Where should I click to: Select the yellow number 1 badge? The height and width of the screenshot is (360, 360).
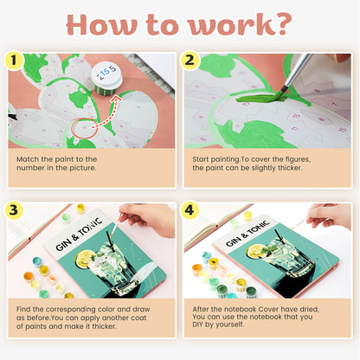point(15,61)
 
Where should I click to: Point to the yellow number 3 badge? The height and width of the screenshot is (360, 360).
point(15,210)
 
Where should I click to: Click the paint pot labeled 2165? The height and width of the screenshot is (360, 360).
point(109,76)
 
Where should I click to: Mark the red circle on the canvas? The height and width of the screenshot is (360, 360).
point(84,128)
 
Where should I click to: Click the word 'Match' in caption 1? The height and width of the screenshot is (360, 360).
point(29,159)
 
